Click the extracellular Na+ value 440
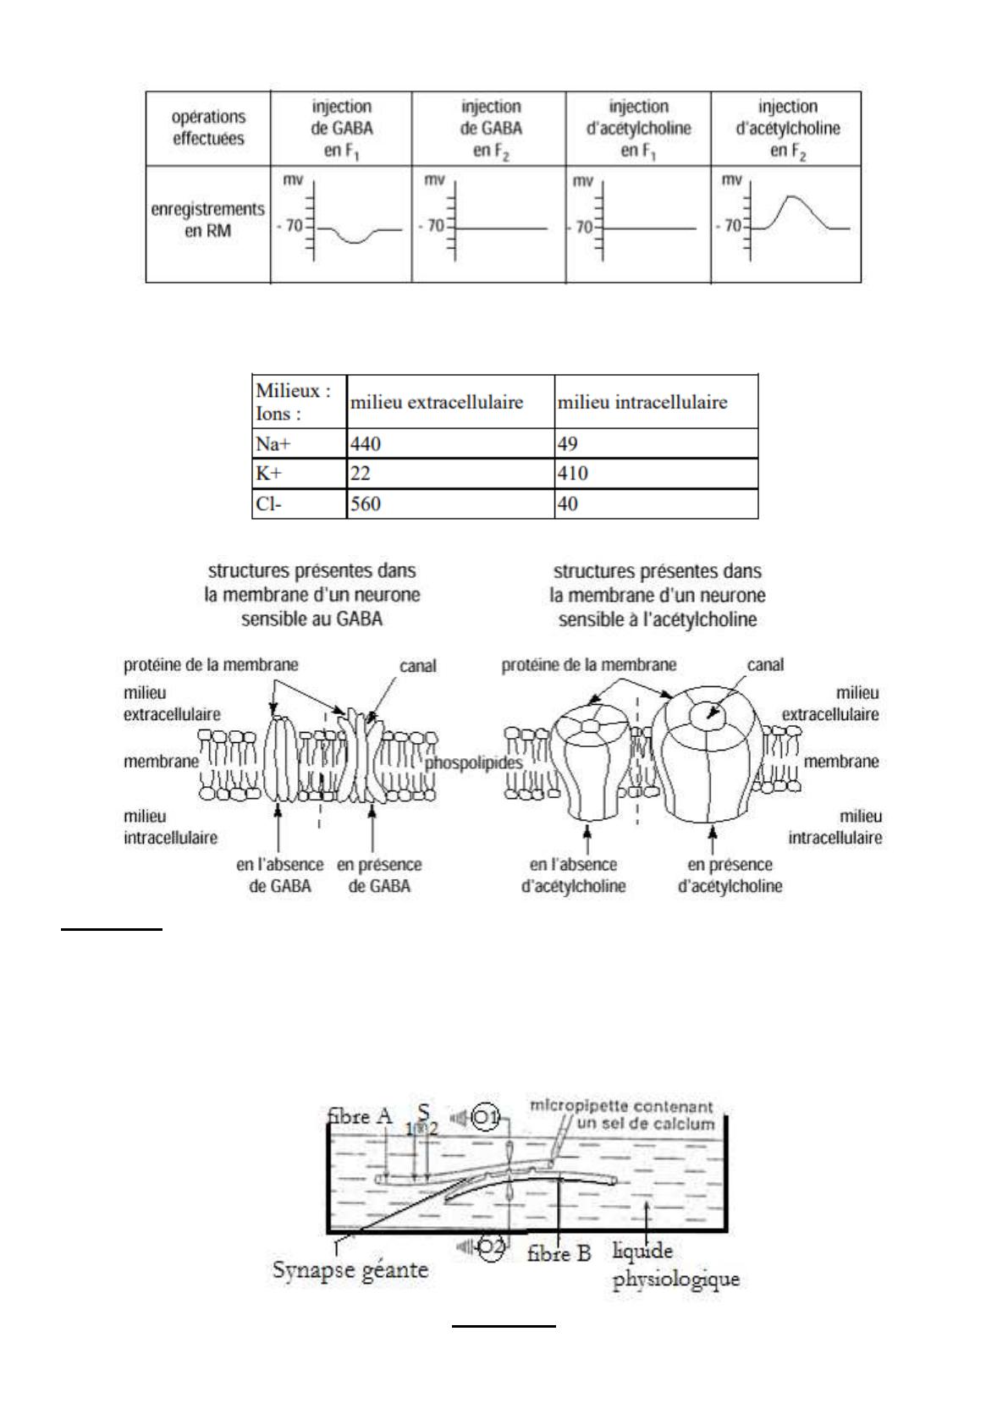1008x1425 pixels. click(366, 443)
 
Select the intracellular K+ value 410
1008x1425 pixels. click(572, 474)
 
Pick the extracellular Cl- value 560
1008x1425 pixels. click(366, 504)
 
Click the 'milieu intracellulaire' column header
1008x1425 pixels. click(642, 402)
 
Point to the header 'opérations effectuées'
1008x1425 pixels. click(208, 128)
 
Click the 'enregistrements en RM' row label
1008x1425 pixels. click(207, 219)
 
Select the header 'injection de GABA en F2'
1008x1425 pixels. click(491, 129)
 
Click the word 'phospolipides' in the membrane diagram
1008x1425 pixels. click(474, 762)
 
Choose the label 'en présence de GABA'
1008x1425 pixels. click(379, 876)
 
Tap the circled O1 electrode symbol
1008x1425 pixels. click(487, 1117)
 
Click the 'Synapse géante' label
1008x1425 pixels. click(350, 1270)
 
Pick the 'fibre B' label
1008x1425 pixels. click(559, 1253)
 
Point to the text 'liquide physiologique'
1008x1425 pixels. click(675, 1264)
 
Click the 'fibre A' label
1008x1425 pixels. click(360, 1117)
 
